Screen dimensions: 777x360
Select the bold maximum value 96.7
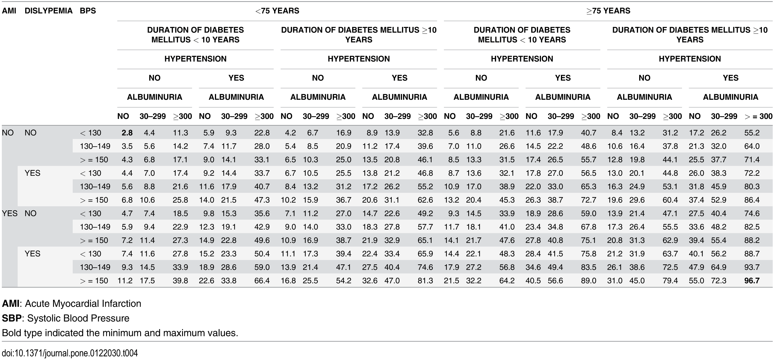pos(752,281)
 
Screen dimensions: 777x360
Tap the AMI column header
pos(9,11)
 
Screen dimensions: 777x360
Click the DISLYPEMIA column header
pos(49,11)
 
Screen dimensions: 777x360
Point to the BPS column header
pos(88,11)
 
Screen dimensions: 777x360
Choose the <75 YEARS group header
pos(277,11)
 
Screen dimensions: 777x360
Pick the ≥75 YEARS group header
pos(608,11)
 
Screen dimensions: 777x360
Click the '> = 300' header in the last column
pos(758,116)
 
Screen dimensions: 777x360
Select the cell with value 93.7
pos(752,267)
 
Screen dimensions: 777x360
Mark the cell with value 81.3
pos(425,281)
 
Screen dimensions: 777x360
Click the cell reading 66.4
pos(262,281)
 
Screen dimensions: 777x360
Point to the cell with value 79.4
pos(670,281)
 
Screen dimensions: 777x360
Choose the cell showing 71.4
pos(752,160)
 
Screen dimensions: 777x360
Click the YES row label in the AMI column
pos(10,213)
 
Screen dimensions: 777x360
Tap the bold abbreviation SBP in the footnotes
pos(11,318)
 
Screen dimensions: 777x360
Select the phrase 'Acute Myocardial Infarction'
pos(83,303)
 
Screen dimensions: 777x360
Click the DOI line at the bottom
pos(70,353)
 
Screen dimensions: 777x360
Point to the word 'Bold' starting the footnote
pos(11,333)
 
